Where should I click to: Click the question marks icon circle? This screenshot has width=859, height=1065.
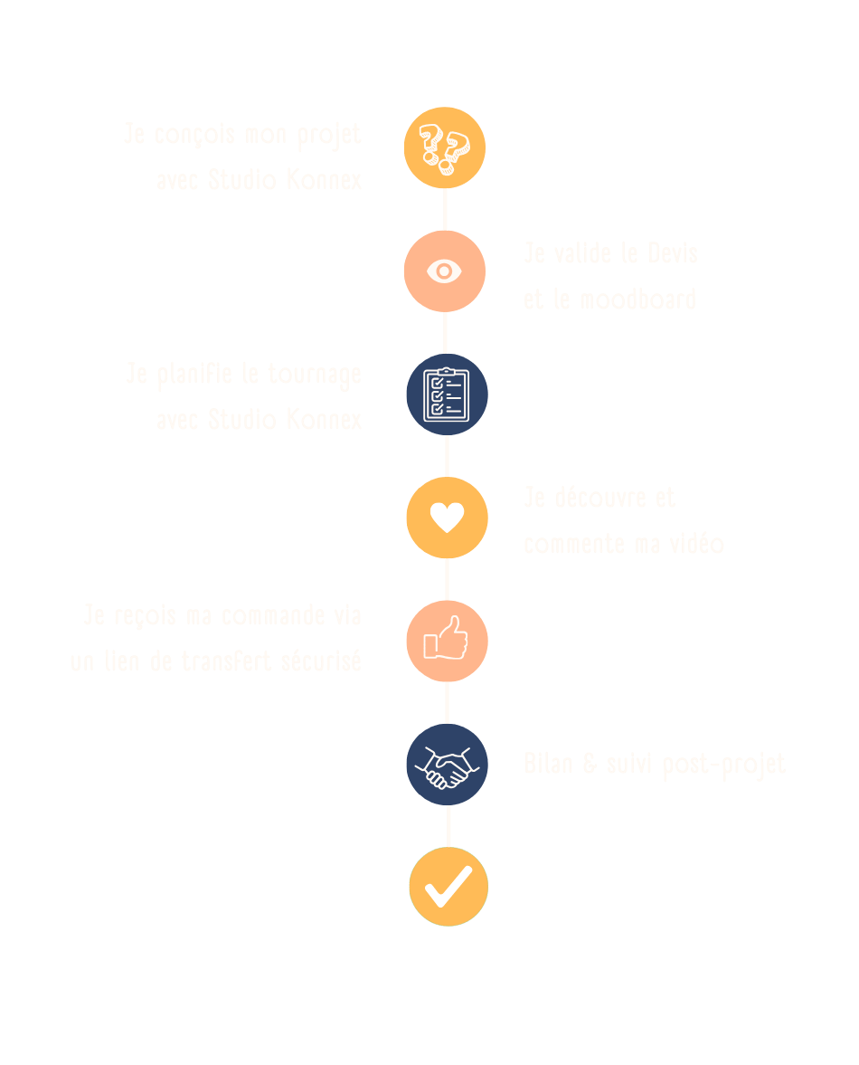click(x=444, y=148)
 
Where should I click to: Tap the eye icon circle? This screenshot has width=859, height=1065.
click(x=444, y=271)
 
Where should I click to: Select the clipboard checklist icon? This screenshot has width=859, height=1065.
click(x=447, y=395)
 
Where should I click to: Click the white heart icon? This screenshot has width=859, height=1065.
click(x=447, y=518)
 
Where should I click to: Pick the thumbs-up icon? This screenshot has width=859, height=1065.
click(x=447, y=641)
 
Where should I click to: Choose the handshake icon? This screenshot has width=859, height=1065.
click(x=447, y=765)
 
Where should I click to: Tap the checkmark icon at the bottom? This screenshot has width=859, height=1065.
click(x=448, y=887)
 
